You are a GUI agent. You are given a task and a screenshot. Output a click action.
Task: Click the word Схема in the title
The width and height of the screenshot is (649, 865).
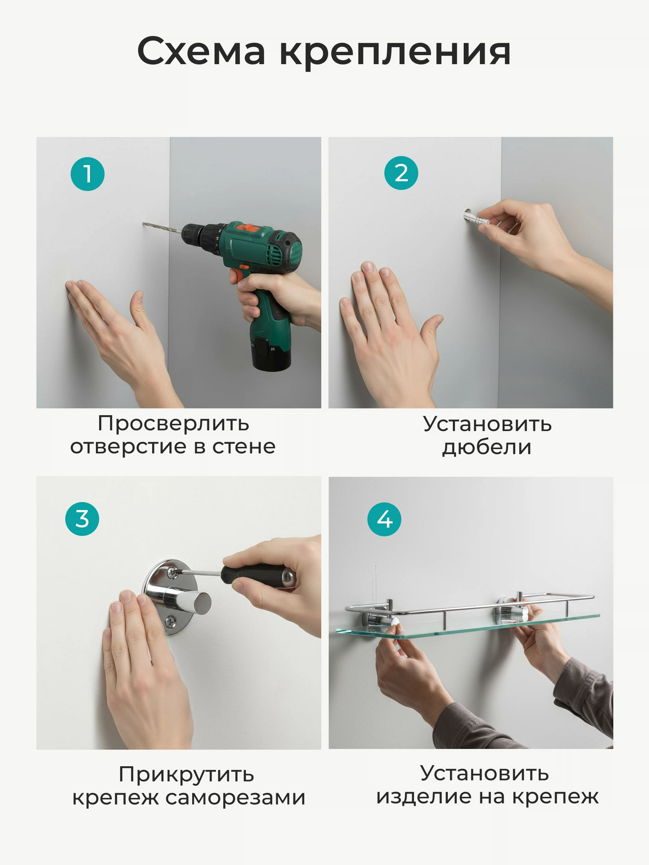coord(201,51)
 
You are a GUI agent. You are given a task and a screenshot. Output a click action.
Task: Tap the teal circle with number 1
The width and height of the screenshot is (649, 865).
coord(87,174)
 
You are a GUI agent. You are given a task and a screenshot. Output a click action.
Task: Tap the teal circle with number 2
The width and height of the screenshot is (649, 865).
coord(401,173)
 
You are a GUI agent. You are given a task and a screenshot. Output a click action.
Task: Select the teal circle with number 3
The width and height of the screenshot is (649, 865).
coord(82,519)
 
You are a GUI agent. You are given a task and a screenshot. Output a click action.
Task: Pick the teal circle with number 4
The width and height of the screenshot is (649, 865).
coord(384,519)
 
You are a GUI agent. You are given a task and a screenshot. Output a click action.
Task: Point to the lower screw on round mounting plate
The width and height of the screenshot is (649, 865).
coord(171,620)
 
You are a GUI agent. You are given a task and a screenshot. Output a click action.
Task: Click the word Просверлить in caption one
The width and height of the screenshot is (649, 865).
coord(173,423)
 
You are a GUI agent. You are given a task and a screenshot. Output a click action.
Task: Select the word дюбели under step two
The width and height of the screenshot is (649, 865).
coord(487,447)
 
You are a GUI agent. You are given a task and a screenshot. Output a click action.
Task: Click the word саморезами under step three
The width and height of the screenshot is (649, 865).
coord(235,798)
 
